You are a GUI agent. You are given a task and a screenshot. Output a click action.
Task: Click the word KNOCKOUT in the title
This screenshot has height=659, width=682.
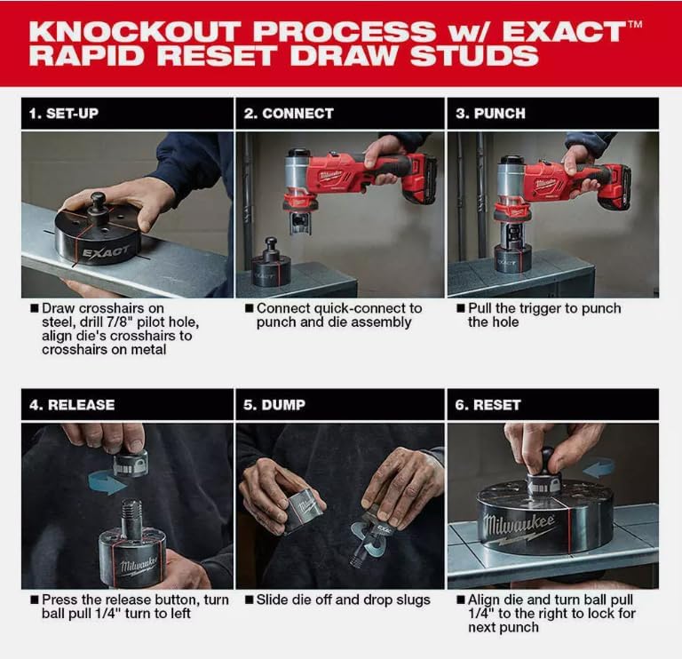click(x=134, y=31)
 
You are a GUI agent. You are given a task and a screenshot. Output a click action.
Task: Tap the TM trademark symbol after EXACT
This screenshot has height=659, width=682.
click(x=635, y=24)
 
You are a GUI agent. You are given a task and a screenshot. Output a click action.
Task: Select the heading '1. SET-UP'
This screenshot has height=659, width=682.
click(x=64, y=114)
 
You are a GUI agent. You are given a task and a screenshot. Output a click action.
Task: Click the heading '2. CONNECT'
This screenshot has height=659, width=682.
click(x=289, y=114)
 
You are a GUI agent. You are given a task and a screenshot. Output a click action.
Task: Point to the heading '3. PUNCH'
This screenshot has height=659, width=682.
click(x=490, y=114)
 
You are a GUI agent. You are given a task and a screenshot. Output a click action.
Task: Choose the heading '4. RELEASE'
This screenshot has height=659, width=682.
click(x=72, y=405)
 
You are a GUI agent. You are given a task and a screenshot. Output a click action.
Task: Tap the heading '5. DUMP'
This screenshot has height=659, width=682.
click(x=274, y=405)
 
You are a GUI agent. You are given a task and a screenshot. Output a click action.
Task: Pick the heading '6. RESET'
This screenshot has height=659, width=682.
click(x=488, y=405)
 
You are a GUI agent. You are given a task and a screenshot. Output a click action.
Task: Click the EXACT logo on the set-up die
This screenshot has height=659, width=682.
click(x=106, y=252)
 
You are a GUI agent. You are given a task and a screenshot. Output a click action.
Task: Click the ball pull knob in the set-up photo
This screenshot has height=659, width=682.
click(x=98, y=201)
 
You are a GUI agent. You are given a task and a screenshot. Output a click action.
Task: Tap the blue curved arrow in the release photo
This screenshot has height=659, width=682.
click(x=107, y=482)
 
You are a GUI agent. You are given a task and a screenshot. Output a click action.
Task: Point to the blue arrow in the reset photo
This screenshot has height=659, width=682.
click(x=599, y=469)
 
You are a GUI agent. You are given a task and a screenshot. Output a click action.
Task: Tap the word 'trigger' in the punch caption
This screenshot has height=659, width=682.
click(x=539, y=308)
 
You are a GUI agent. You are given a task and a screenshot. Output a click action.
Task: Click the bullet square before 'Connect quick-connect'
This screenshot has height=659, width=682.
click(x=249, y=308)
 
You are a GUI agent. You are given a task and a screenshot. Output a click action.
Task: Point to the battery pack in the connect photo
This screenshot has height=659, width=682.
click(x=421, y=180)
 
